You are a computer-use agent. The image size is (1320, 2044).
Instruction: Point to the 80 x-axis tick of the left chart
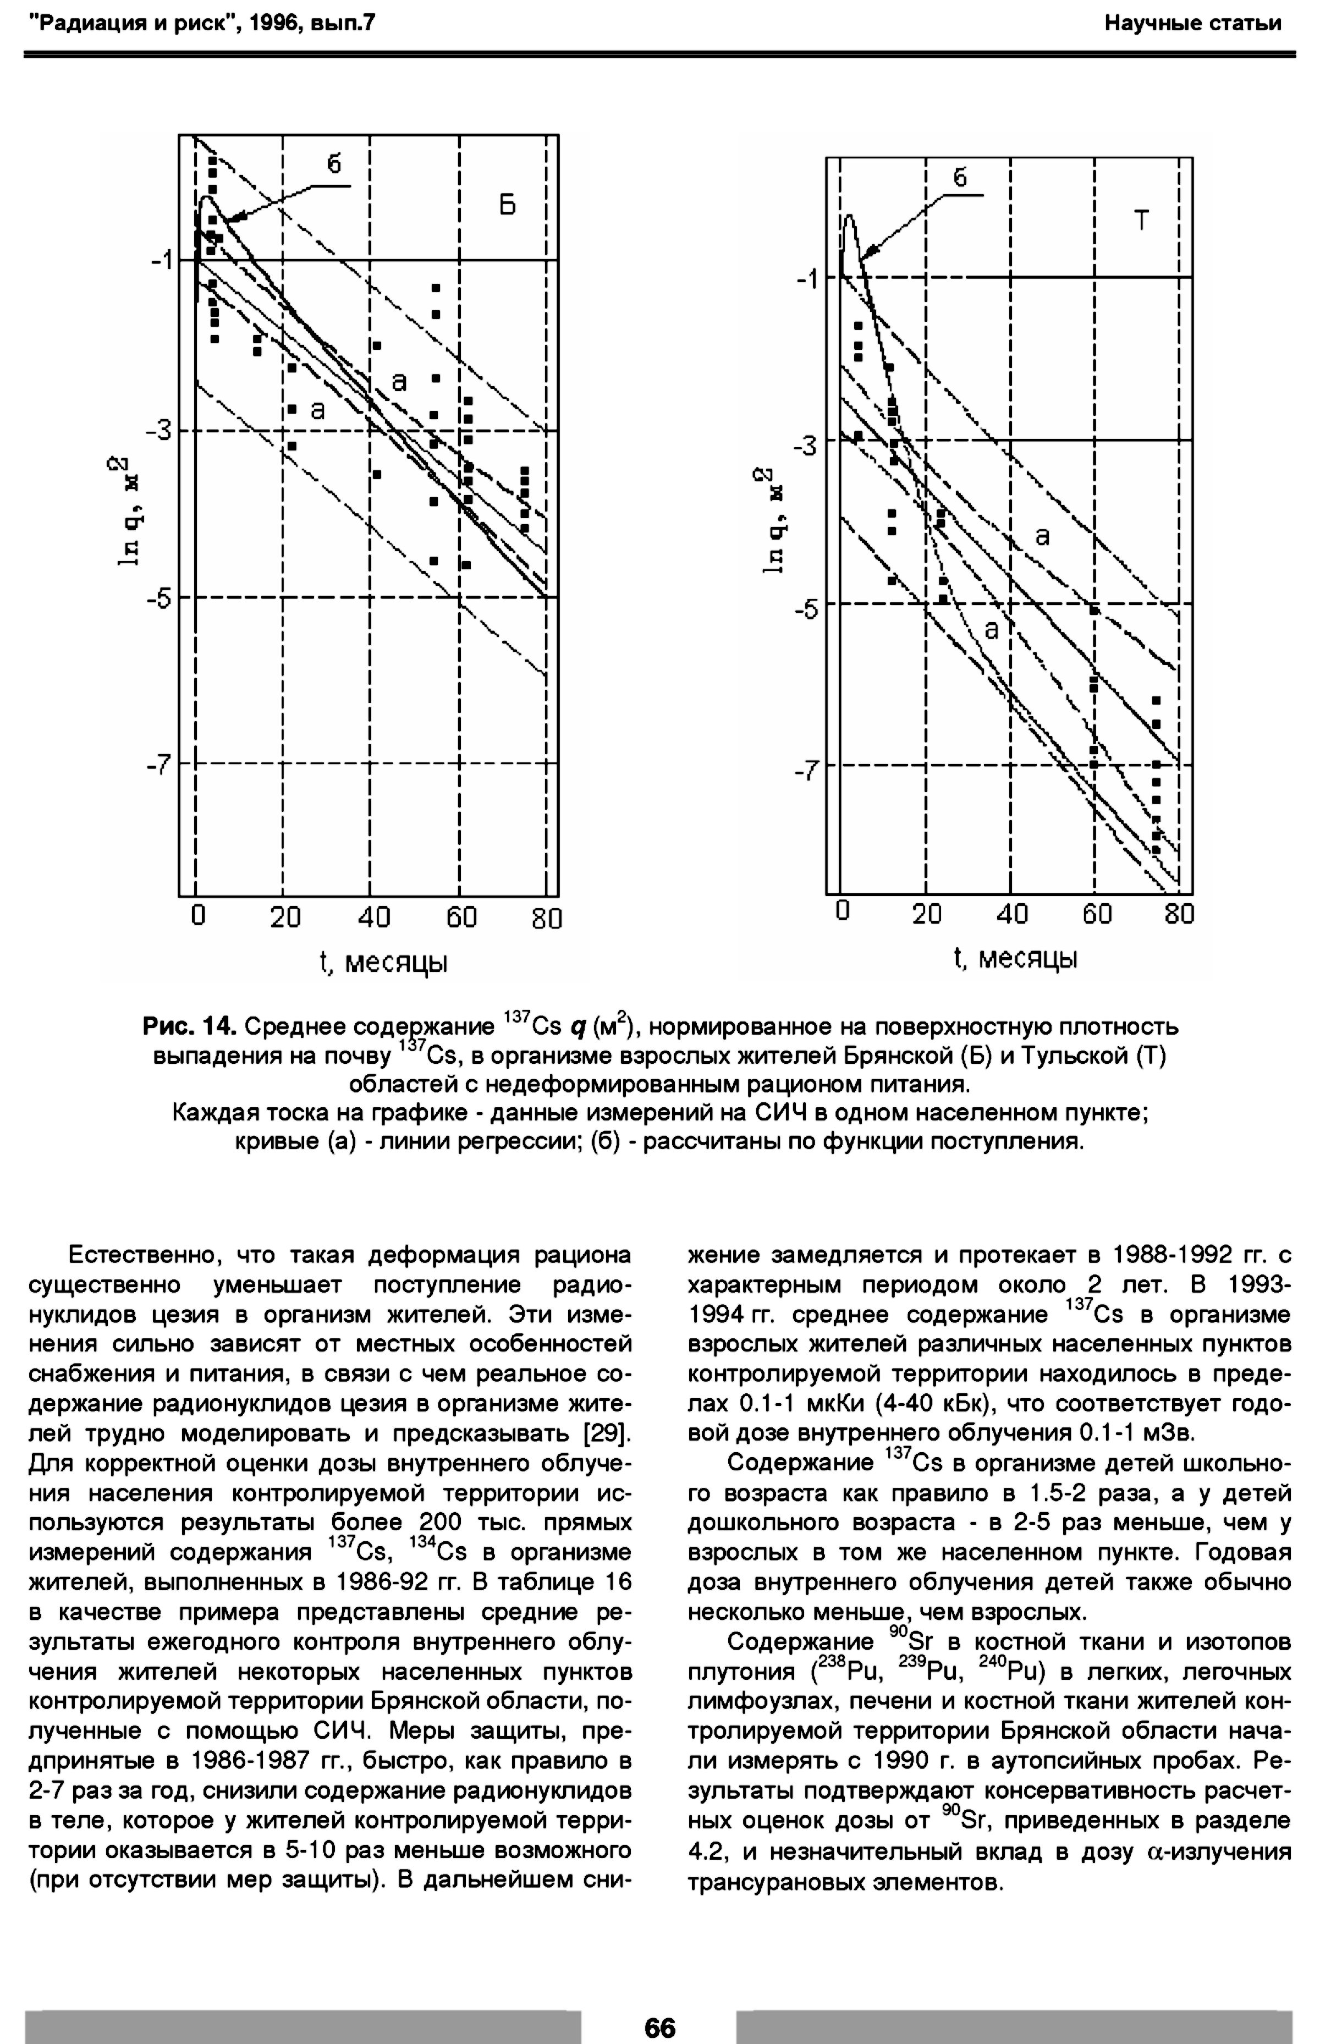(x=546, y=919)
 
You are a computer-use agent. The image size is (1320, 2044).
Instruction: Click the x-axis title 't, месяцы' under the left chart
(x=383, y=963)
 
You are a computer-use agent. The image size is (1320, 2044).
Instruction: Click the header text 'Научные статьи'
(x=1192, y=23)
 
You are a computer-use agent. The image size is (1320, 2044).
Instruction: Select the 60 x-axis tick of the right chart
(x=1096, y=914)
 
